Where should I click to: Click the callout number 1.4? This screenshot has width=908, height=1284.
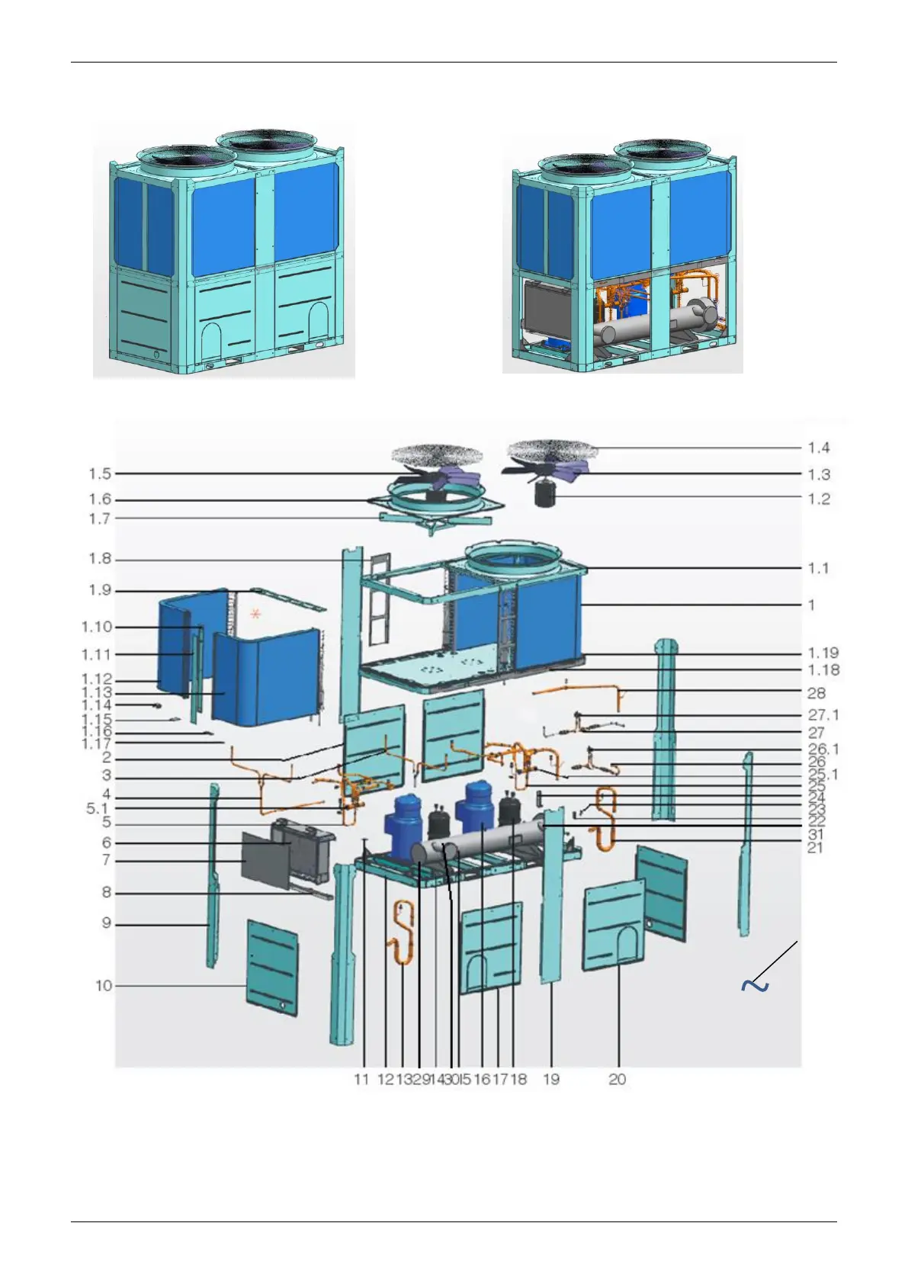(819, 448)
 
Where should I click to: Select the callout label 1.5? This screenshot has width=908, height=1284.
(100, 473)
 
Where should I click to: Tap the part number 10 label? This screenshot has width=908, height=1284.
(104, 986)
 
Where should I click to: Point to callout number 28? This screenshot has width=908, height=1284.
(816, 693)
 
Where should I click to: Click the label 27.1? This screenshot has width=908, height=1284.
(823, 715)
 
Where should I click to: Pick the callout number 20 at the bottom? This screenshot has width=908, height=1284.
(618, 1079)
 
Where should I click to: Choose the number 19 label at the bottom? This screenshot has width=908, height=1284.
(551, 1079)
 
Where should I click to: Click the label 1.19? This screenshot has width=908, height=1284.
(823, 653)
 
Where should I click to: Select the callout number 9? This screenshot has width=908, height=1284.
(107, 923)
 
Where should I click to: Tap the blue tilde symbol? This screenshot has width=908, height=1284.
(754, 986)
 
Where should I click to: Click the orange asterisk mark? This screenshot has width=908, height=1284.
(255, 613)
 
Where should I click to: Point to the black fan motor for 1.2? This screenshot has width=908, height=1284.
(544, 496)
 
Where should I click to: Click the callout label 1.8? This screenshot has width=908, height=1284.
(100, 559)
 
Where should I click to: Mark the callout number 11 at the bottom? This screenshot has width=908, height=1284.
(361, 1079)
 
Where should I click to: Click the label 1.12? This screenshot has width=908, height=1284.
(97, 679)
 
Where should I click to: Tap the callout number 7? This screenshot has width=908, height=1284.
(107, 860)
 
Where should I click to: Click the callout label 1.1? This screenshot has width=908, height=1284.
(819, 568)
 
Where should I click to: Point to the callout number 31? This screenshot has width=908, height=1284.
(816, 835)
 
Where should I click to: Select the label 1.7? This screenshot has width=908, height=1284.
(100, 518)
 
